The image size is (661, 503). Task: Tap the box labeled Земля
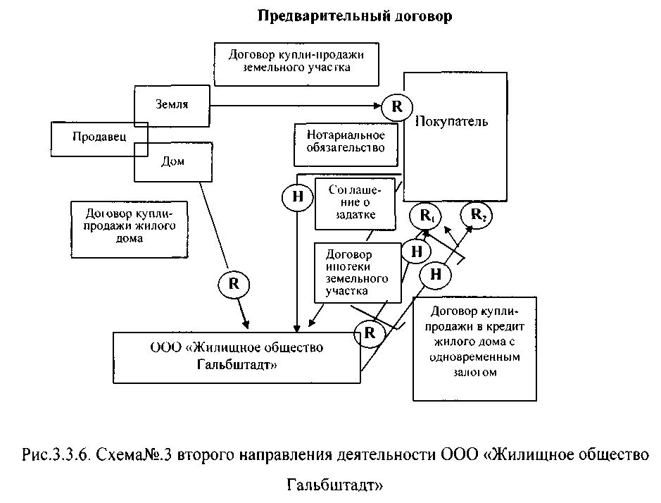(172, 104)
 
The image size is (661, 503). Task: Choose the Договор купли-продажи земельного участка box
(295, 61)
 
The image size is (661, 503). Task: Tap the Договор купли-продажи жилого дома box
(124, 226)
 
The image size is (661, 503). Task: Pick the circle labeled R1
(426, 216)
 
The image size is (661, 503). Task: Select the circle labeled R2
(477, 216)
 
